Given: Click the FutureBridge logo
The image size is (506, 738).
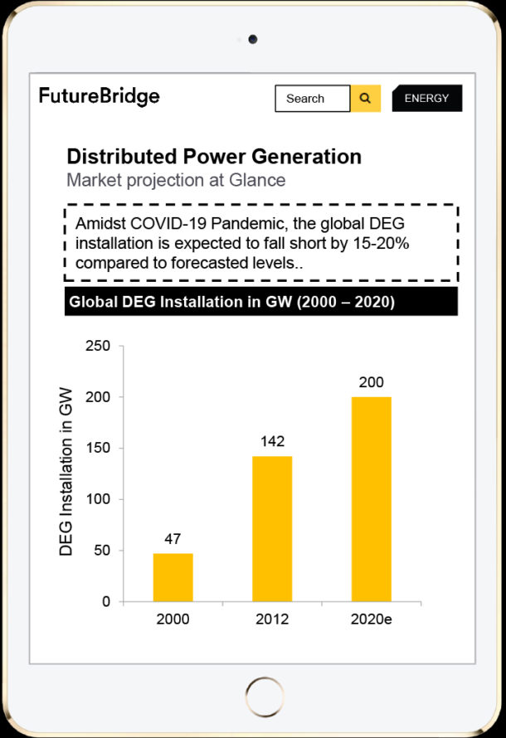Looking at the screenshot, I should pos(99,96).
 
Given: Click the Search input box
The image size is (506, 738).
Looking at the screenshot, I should pos(312,99).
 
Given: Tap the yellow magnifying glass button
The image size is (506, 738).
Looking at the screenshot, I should pos(365,99).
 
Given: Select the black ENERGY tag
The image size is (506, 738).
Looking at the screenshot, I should pos(426,99).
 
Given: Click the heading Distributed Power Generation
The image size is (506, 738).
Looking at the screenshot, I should pos(214,157).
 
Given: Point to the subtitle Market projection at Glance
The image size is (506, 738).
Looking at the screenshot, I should pos(176,180).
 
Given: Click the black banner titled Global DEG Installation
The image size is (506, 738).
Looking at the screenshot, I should pos(260,302).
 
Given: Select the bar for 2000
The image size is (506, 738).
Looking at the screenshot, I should pos(173,577).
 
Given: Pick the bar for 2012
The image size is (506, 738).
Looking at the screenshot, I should pos(272,528).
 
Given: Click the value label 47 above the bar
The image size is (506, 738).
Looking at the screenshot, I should pos(173,539).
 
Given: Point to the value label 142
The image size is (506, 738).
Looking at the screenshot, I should pos(272,442).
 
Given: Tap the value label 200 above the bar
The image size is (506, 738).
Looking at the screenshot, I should pos(371,382).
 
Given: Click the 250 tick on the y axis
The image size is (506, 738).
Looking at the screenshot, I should pos(98,346).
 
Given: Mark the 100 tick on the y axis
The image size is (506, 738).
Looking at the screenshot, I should pos(98,499).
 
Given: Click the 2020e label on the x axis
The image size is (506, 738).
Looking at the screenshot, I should pos(372,619).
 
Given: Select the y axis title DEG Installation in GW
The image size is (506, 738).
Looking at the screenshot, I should pos(66,471).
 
